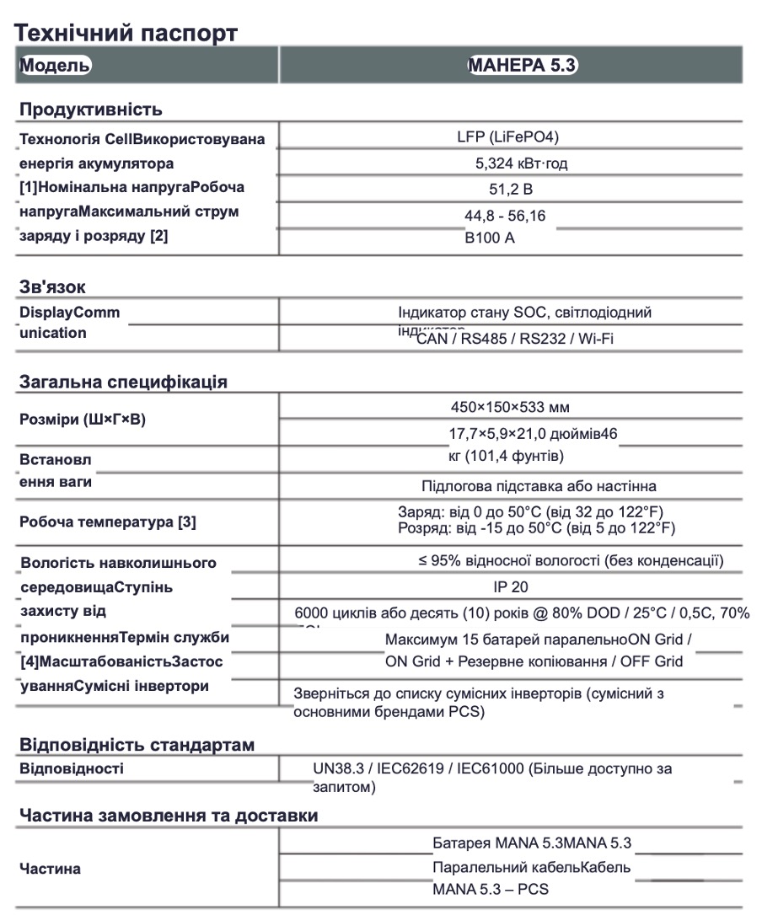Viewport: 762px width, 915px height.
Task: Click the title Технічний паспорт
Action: point(126,33)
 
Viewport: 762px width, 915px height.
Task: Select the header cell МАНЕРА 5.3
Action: point(522,66)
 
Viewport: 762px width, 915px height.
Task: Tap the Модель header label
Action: point(54,66)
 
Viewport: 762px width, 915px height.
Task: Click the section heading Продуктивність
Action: point(91,110)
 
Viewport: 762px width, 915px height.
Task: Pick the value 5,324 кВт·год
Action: point(521,163)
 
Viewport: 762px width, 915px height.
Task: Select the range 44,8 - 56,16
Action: point(505,216)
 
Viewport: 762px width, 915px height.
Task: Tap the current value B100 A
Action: point(489,238)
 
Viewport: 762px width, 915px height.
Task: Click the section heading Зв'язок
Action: point(52,287)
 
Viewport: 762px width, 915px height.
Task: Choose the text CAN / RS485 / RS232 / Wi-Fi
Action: point(514,339)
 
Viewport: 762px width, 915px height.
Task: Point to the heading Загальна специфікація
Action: point(123,382)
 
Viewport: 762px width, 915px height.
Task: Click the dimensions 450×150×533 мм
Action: point(510,408)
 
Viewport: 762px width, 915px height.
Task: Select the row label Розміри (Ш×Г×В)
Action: point(83,420)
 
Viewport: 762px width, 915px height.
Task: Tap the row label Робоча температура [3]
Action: point(108,522)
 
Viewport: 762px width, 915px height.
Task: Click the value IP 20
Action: point(511,587)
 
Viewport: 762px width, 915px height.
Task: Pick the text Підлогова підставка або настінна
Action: point(539,486)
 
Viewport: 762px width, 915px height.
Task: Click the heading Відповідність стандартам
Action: point(137,745)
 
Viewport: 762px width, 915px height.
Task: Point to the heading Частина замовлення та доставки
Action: point(169,816)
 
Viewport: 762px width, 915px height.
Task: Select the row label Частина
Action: point(51,869)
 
